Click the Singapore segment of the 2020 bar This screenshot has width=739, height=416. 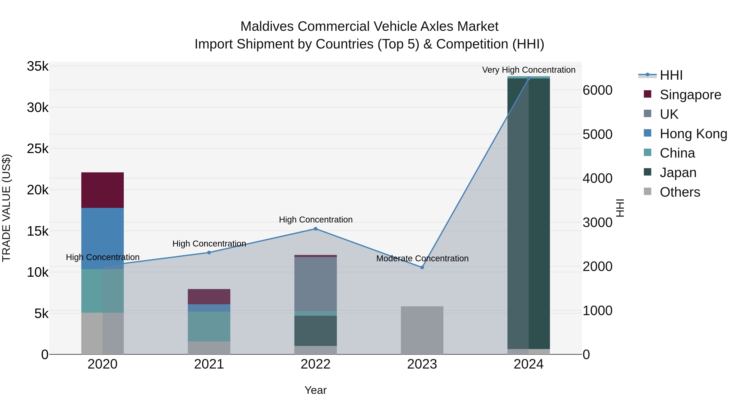point(102,190)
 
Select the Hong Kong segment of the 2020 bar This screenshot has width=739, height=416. point(102,238)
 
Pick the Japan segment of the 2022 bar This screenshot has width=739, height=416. point(315,331)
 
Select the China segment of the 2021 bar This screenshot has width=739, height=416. point(209,326)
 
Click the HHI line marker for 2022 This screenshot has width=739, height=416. point(315,229)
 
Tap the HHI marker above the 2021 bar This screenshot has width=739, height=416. point(209,253)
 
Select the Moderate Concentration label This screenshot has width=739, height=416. point(422,258)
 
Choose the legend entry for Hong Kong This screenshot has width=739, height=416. point(693,134)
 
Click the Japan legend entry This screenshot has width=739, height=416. point(678,173)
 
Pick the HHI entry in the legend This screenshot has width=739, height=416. point(671,75)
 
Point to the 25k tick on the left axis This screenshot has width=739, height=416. point(38,149)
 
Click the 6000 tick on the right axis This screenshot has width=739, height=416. point(598,90)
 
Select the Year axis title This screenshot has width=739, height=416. point(315,390)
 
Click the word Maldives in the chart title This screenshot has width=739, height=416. point(267,27)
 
